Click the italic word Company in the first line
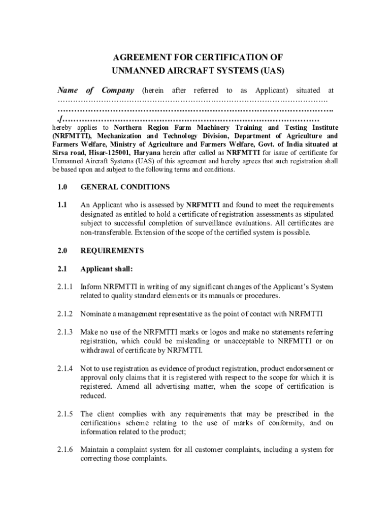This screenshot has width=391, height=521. point(118,91)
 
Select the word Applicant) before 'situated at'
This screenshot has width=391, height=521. point(272,91)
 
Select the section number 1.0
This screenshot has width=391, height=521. point(62,187)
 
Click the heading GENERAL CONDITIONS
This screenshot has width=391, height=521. point(125,187)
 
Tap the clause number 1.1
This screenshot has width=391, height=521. point(62,205)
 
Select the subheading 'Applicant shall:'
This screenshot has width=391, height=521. point(106,269)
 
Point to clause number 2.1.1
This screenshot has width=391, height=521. point(64,287)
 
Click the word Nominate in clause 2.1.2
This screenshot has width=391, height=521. point(97,313)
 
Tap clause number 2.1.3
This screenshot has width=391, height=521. point(64,332)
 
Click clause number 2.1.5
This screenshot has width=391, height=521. point(64,414)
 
